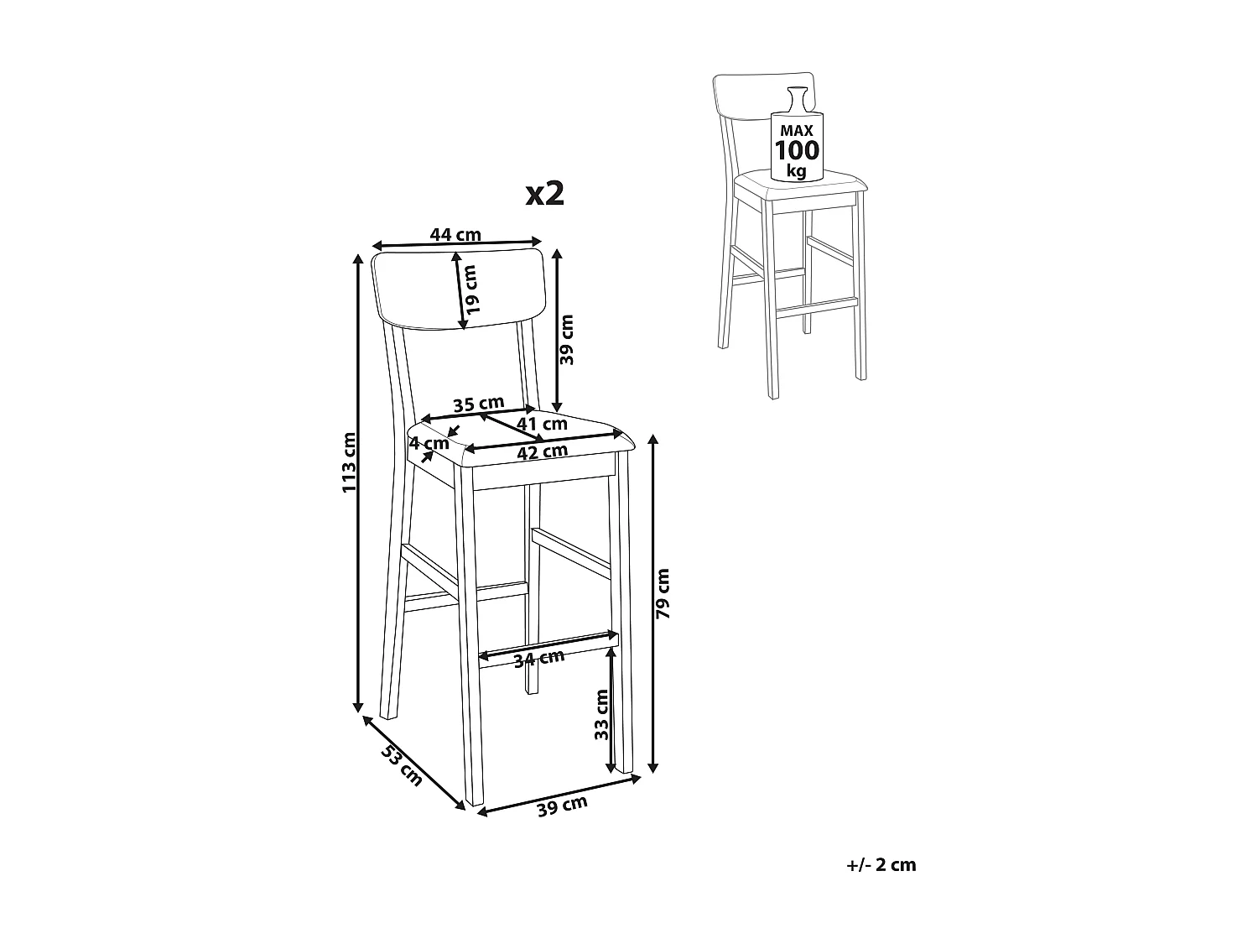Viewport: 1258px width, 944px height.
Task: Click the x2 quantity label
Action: pyautogui.click(x=544, y=194)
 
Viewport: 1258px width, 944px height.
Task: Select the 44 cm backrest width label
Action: pyautogui.click(x=455, y=235)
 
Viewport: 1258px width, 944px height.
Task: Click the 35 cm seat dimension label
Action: pyautogui.click(x=478, y=404)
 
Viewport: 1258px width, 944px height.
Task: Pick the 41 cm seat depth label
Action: pyautogui.click(x=542, y=424)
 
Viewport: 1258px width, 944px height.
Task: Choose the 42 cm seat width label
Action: pyautogui.click(x=542, y=451)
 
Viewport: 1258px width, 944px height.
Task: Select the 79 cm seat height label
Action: pyautogui.click(x=663, y=592)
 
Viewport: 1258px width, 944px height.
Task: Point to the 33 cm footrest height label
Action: pyautogui.click(x=601, y=714)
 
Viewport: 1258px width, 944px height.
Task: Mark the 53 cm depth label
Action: pyautogui.click(x=402, y=764)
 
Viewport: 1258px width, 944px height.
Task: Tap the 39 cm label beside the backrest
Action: pyautogui.click(x=567, y=339)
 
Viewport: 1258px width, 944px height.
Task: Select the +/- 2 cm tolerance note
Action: pyautogui.click(x=881, y=865)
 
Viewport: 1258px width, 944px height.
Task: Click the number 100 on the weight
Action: pyautogui.click(x=797, y=151)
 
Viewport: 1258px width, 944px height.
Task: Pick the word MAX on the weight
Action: pyautogui.click(x=797, y=131)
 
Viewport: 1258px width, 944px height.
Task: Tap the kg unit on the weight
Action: pyautogui.click(x=796, y=172)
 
